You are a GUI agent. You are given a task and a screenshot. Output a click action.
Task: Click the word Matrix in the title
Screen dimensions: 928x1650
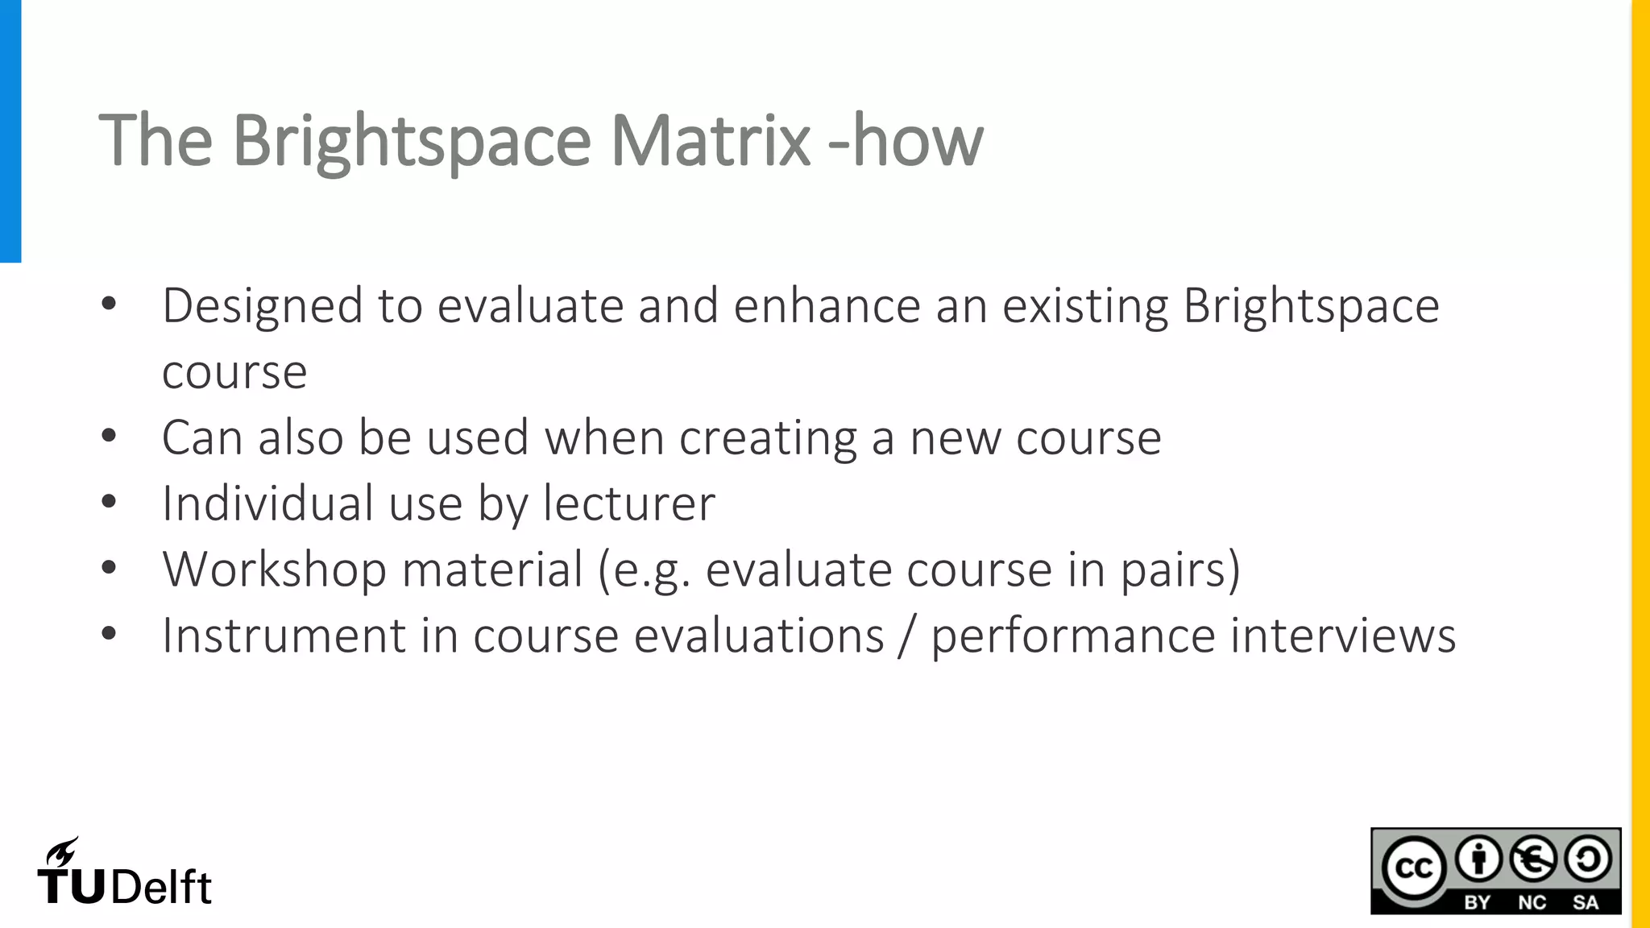tap(710, 140)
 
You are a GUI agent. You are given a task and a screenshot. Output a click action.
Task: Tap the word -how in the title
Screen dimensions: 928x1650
tap(906, 140)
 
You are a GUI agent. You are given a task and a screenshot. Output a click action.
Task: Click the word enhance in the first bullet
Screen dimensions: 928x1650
tap(827, 307)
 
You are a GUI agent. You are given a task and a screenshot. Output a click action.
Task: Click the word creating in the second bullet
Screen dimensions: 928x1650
tap(768, 439)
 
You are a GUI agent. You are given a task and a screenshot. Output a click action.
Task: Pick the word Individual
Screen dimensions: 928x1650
tap(267, 504)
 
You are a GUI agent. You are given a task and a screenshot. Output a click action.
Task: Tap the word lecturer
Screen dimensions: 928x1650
tap(629, 504)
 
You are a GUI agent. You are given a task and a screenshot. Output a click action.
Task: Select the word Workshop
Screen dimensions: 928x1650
tap(274, 570)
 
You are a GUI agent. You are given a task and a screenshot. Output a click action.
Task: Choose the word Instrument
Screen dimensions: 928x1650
tap(284, 636)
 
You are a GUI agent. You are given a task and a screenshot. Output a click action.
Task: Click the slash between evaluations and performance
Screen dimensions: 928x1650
tap(908, 636)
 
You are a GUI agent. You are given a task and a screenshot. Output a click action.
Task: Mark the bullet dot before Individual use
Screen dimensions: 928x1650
tap(109, 503)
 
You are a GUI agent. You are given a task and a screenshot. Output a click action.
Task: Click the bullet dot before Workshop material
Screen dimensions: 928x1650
tap(109, 569)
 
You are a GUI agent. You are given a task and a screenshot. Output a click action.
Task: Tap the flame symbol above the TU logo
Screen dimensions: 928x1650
tap(62, 852)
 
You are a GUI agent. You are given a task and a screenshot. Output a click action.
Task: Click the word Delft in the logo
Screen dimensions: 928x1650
tap(161, 888)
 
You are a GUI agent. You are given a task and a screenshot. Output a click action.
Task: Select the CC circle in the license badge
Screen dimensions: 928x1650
tap(1413, 868)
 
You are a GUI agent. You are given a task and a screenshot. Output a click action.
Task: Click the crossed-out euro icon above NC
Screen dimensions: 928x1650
tap(1532, 859)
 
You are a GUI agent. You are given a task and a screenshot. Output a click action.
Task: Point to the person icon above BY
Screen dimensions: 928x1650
tap(1478, 859)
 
